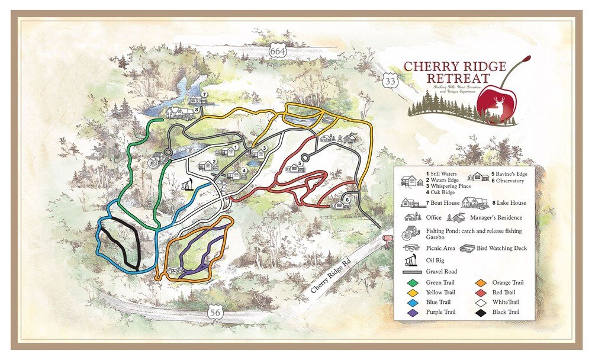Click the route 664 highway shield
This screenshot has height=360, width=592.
[276, 51]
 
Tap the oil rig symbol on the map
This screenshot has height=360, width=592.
[188, 185]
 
